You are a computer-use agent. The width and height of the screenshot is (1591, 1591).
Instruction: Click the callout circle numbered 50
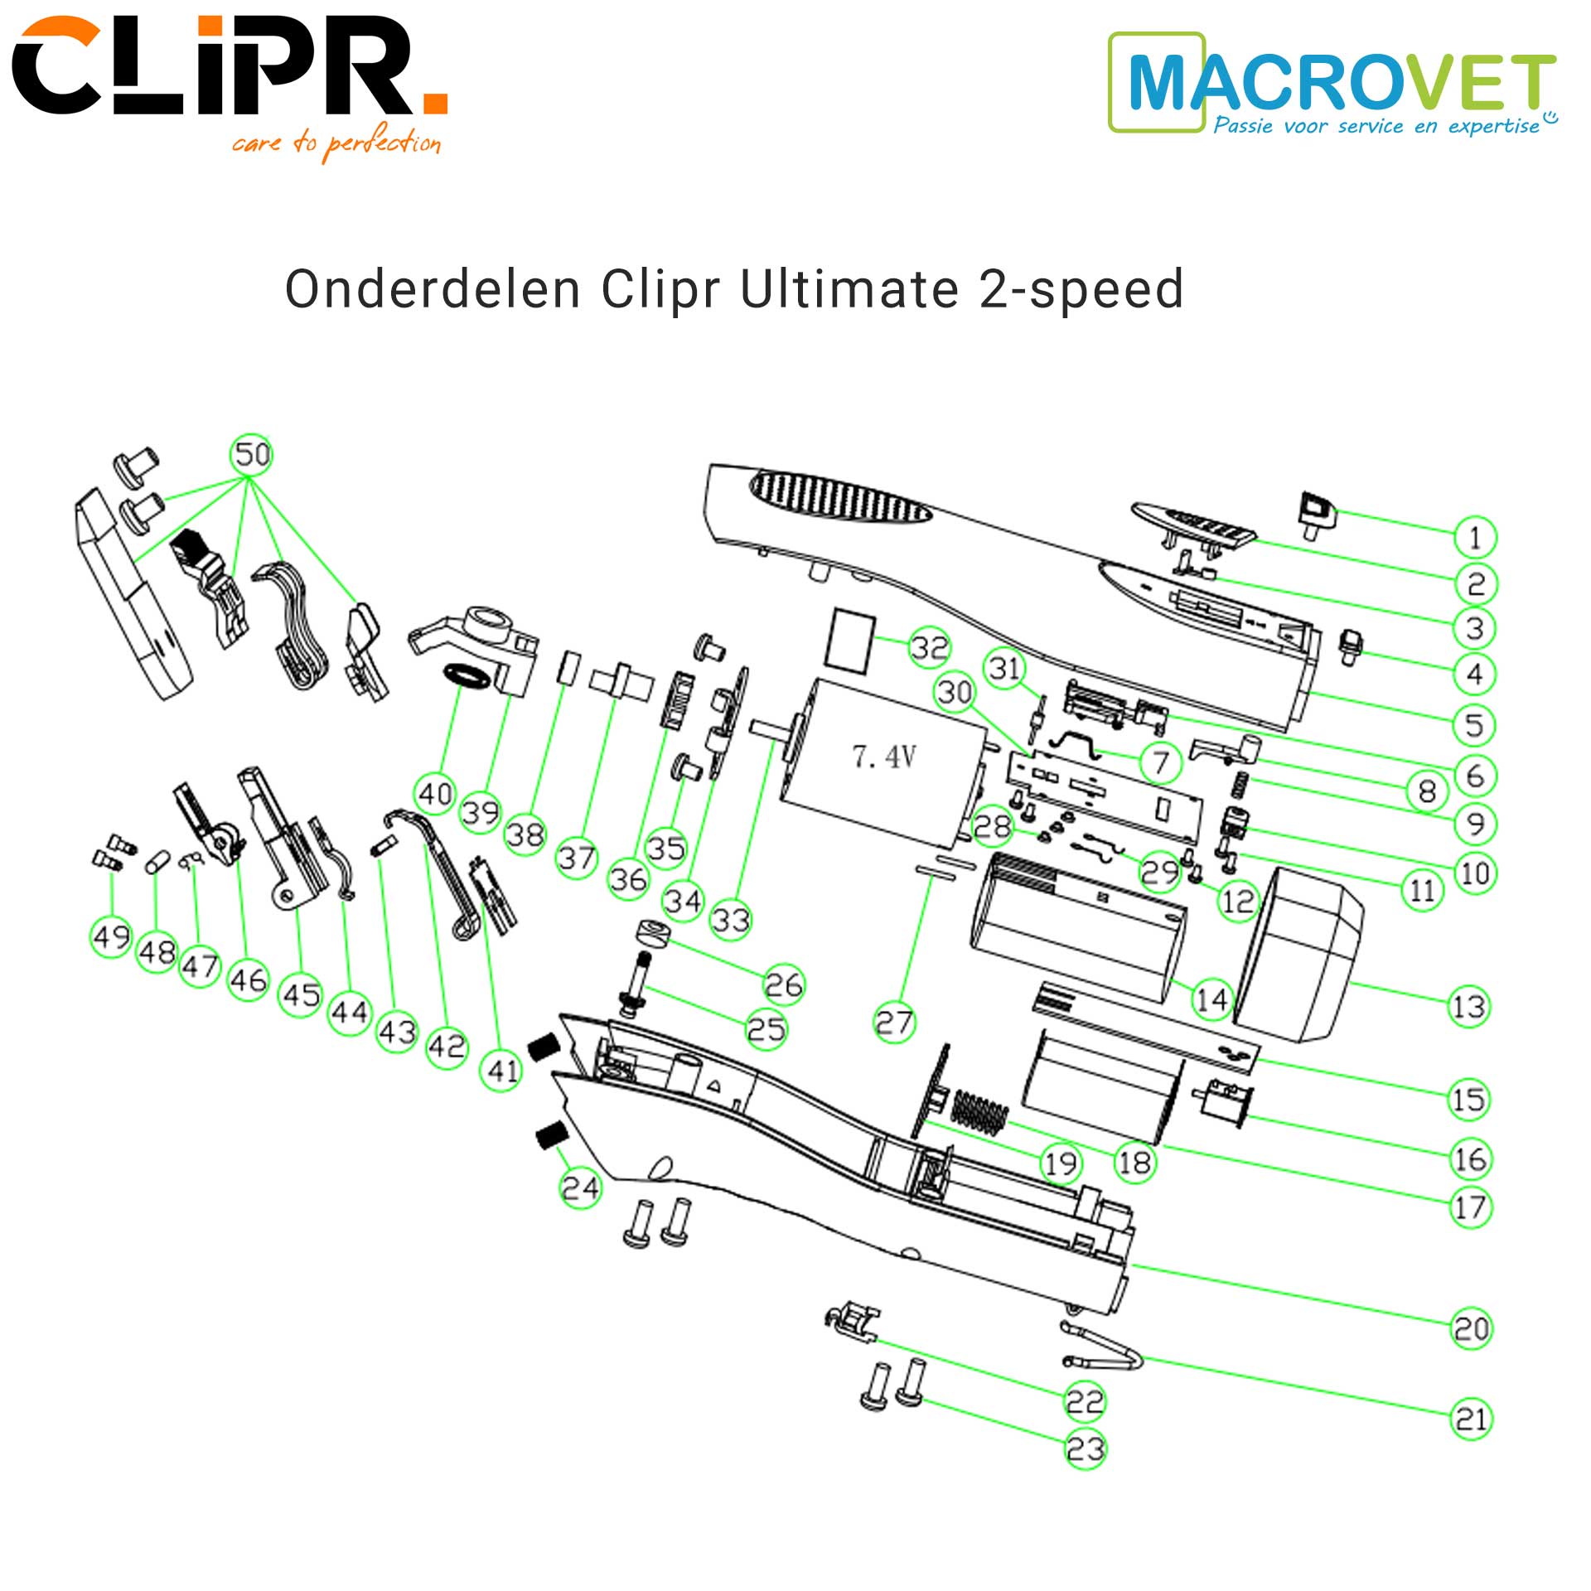pyautogui.click(x=251, y=455)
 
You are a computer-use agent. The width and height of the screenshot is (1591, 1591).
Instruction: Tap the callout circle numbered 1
pyautogui.click(x=1475, y=538)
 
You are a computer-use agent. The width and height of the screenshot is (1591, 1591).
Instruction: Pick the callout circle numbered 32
pyautogui.click(x=929, y=647)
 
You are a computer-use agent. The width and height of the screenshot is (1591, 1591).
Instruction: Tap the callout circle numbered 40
pyautogui.click(x=436, y=794)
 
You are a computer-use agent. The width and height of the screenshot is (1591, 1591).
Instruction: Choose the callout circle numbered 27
pyautogui.click(x=894, y=1023)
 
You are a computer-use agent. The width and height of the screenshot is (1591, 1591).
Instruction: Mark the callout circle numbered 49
pyautogui.click(x=111, y=937)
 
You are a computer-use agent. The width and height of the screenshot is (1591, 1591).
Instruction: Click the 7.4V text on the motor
pyautogui.click(x=884, y=756)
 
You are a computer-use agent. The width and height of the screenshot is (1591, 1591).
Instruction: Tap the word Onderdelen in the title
pyautogui.click(x=432, y=289)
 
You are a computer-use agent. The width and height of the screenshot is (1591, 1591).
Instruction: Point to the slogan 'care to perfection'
pyautogui.click(x=336, y=143)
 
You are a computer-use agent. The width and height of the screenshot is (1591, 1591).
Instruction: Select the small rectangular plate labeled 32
pyautogui.click(x=849, y=639)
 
